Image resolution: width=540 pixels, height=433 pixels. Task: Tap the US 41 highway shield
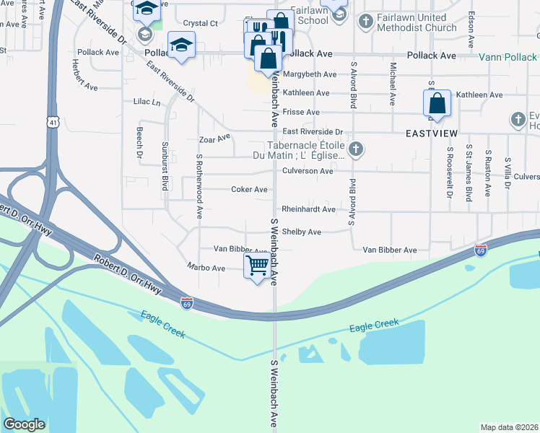click(53, 123)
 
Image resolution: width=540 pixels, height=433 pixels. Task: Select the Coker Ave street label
click(250, 190)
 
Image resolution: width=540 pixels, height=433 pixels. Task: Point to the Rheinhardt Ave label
click(308, 209)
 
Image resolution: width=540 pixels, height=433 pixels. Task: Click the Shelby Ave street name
click(301, 232)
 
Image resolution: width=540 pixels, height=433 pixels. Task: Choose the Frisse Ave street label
click(301, 113)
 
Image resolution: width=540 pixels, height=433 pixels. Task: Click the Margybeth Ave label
click(309, 74)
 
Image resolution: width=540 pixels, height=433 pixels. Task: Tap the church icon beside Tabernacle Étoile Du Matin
click(354, 149)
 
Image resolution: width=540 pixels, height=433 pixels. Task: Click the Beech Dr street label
click(139, 144)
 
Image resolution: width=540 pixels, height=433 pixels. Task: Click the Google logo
click(24, 424)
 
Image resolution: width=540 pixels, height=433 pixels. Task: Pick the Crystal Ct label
click(200, 24)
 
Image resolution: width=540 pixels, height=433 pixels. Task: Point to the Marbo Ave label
click(206, 268)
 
